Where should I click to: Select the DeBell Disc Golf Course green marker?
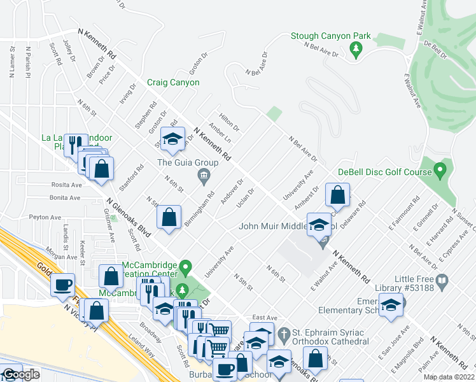(x=439, y=170)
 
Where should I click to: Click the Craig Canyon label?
(x=173, y=82)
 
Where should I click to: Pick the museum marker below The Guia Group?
(x=204, y=175)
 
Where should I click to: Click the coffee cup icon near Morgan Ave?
(x=62, y=285)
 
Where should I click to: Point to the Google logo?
(x=20, y=375)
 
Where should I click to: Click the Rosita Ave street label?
(x=67, y=185)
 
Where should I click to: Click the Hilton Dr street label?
(x=228, y=119)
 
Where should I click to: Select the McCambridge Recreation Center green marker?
(x=185, y=265)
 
